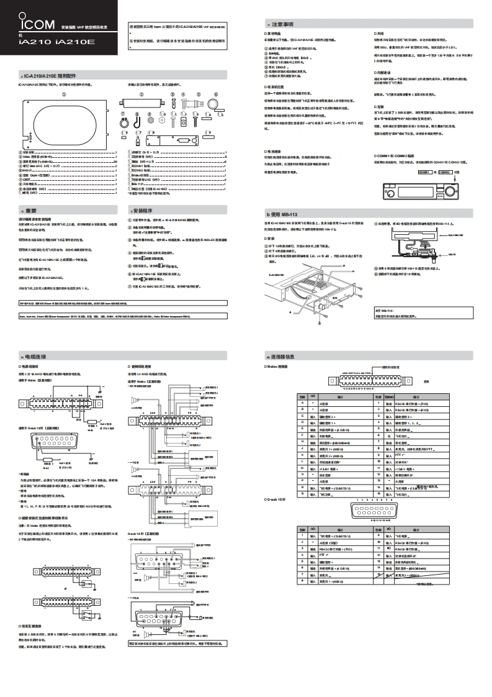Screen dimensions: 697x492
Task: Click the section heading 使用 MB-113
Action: click(x=285, y=214)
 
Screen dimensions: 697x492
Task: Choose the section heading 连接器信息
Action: click(x=285, y=357)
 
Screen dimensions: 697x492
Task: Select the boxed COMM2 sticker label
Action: click(x=447, y=171)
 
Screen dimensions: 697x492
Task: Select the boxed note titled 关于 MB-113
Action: click(x=423, y=311)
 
